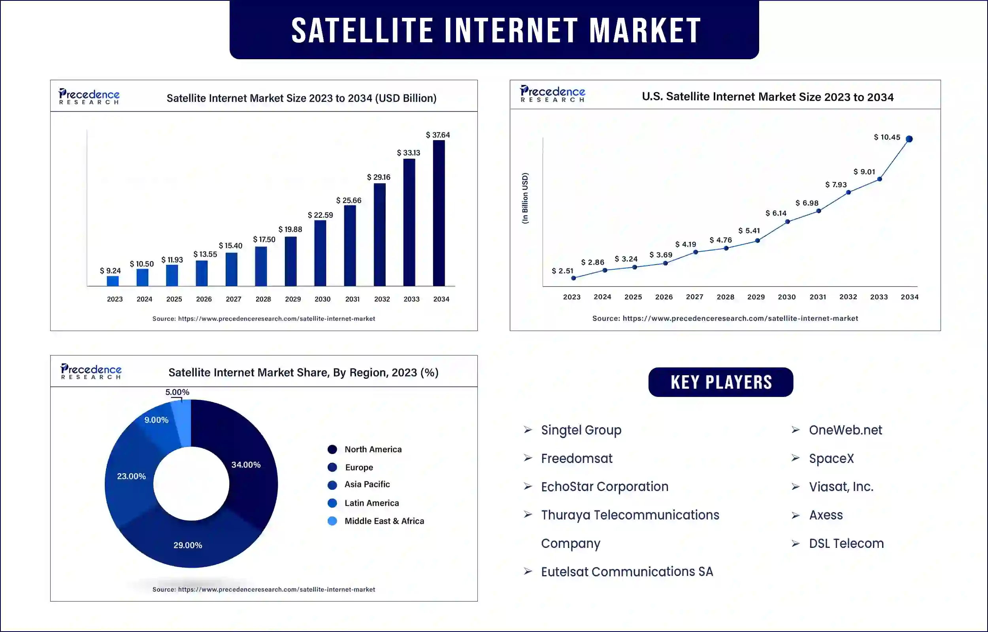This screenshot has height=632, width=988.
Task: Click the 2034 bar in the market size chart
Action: [438, 213]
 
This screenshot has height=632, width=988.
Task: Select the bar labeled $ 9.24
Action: [113, 281]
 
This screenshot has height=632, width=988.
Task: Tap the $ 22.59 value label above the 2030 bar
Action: [320, 215]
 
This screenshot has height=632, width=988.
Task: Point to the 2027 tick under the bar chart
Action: [234, 299]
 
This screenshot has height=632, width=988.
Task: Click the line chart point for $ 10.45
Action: [909, 139]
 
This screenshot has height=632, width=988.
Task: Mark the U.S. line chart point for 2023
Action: [573, 278]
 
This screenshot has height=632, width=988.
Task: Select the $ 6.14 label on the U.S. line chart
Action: [776, 213]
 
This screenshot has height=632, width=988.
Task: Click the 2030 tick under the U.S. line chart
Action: [786, 297]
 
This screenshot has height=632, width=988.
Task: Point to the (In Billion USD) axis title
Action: [525, 198]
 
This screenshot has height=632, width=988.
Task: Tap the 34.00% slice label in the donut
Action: [246, 465]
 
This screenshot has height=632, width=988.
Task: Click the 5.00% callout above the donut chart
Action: [177, 392]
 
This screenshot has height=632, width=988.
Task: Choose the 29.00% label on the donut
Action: [188, 545]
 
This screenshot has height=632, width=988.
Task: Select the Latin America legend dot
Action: [332, 503]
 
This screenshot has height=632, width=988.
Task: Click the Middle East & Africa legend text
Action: [384, 521]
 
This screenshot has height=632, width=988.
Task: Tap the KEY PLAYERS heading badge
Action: [721, 382]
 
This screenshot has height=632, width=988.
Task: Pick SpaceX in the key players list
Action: [831, 459]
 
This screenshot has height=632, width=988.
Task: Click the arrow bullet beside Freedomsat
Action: [528, 458]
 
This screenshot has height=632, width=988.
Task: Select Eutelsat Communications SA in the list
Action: [627, 572]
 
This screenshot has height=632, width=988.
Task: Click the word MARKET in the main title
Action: [645, 30]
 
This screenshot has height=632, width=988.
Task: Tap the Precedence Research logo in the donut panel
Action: [91, 371]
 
